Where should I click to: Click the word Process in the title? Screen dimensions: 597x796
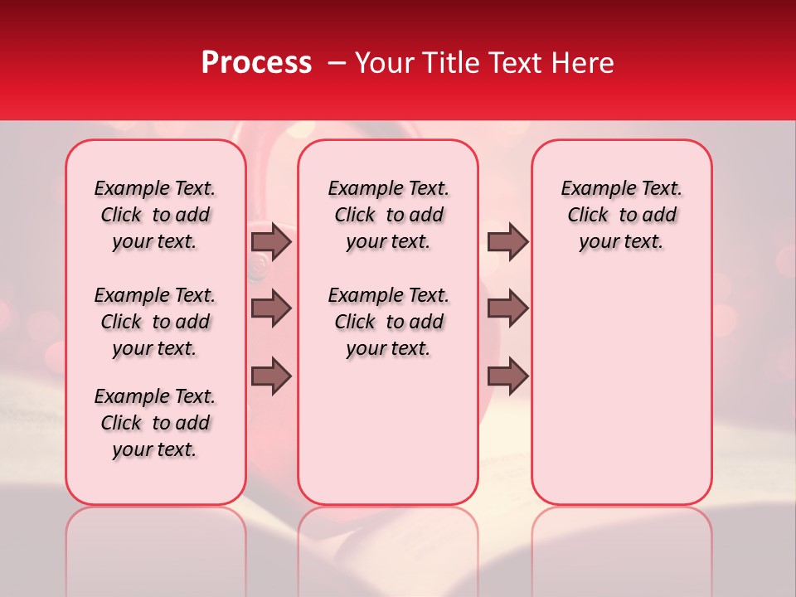point(255,63)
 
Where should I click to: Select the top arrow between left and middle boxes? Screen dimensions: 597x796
point(271,241)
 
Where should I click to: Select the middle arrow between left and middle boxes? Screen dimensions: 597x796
point(271,308)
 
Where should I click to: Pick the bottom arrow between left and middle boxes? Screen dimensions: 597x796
point(271,376)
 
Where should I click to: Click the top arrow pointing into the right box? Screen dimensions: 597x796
point(507,241)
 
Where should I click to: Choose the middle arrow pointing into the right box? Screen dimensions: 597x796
point(507,308)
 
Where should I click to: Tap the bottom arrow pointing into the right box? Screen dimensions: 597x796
point(507,376)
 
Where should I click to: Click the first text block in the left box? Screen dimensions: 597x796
point(155,215)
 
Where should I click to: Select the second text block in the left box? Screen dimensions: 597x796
point(155,322)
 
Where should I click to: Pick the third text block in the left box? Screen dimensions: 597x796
point(155,423)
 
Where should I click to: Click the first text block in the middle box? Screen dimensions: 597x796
point(388,215)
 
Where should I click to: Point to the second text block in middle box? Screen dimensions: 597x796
point(388,322)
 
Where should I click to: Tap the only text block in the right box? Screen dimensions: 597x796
point(621,215)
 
